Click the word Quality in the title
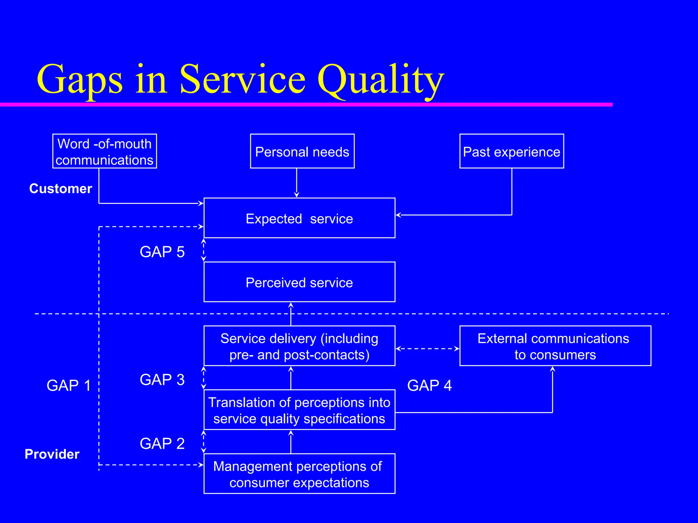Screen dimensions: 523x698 pyautogui.click(x=380, y=80)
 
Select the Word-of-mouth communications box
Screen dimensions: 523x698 pyautogui.click(x=105, y=151)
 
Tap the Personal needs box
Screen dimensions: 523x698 pyautogui.click(x=302, y=151)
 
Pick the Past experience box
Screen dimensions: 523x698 pyautogui.click(x=511, y=151)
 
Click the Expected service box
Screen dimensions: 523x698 pyautogui.click(x=299, y=218)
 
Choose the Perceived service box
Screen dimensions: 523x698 pyautogui.click(x=299, y=282)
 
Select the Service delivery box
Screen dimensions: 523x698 pyautogui.click(x=299, y=346)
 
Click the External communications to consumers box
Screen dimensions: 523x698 pyautogui.click(x=555, y=346)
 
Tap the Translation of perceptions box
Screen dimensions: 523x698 pyautogui.click(x=299, y=410)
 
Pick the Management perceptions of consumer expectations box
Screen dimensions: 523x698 pyautogui.click(x=299, y=474)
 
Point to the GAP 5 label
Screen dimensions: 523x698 pyautogui.click(x=162, y=252)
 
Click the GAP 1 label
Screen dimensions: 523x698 pyautogui.click(x=69, y=385)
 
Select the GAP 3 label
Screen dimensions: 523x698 pyautogui.click(x=162, y=380)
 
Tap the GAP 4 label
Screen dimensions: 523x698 pyautogui.click(x=429, y=385)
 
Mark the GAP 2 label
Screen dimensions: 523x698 pyautogui.click(x=162, y=443)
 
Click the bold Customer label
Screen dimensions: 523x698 pyautogui.click(x=61, y=189)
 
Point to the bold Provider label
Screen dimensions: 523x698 pyautogui.click(x=52, y=454)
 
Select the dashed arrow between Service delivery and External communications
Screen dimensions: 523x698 pyautogui.click(x=427, y=349)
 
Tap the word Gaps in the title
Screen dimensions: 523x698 pyautogui.click(x=79, y=80)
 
